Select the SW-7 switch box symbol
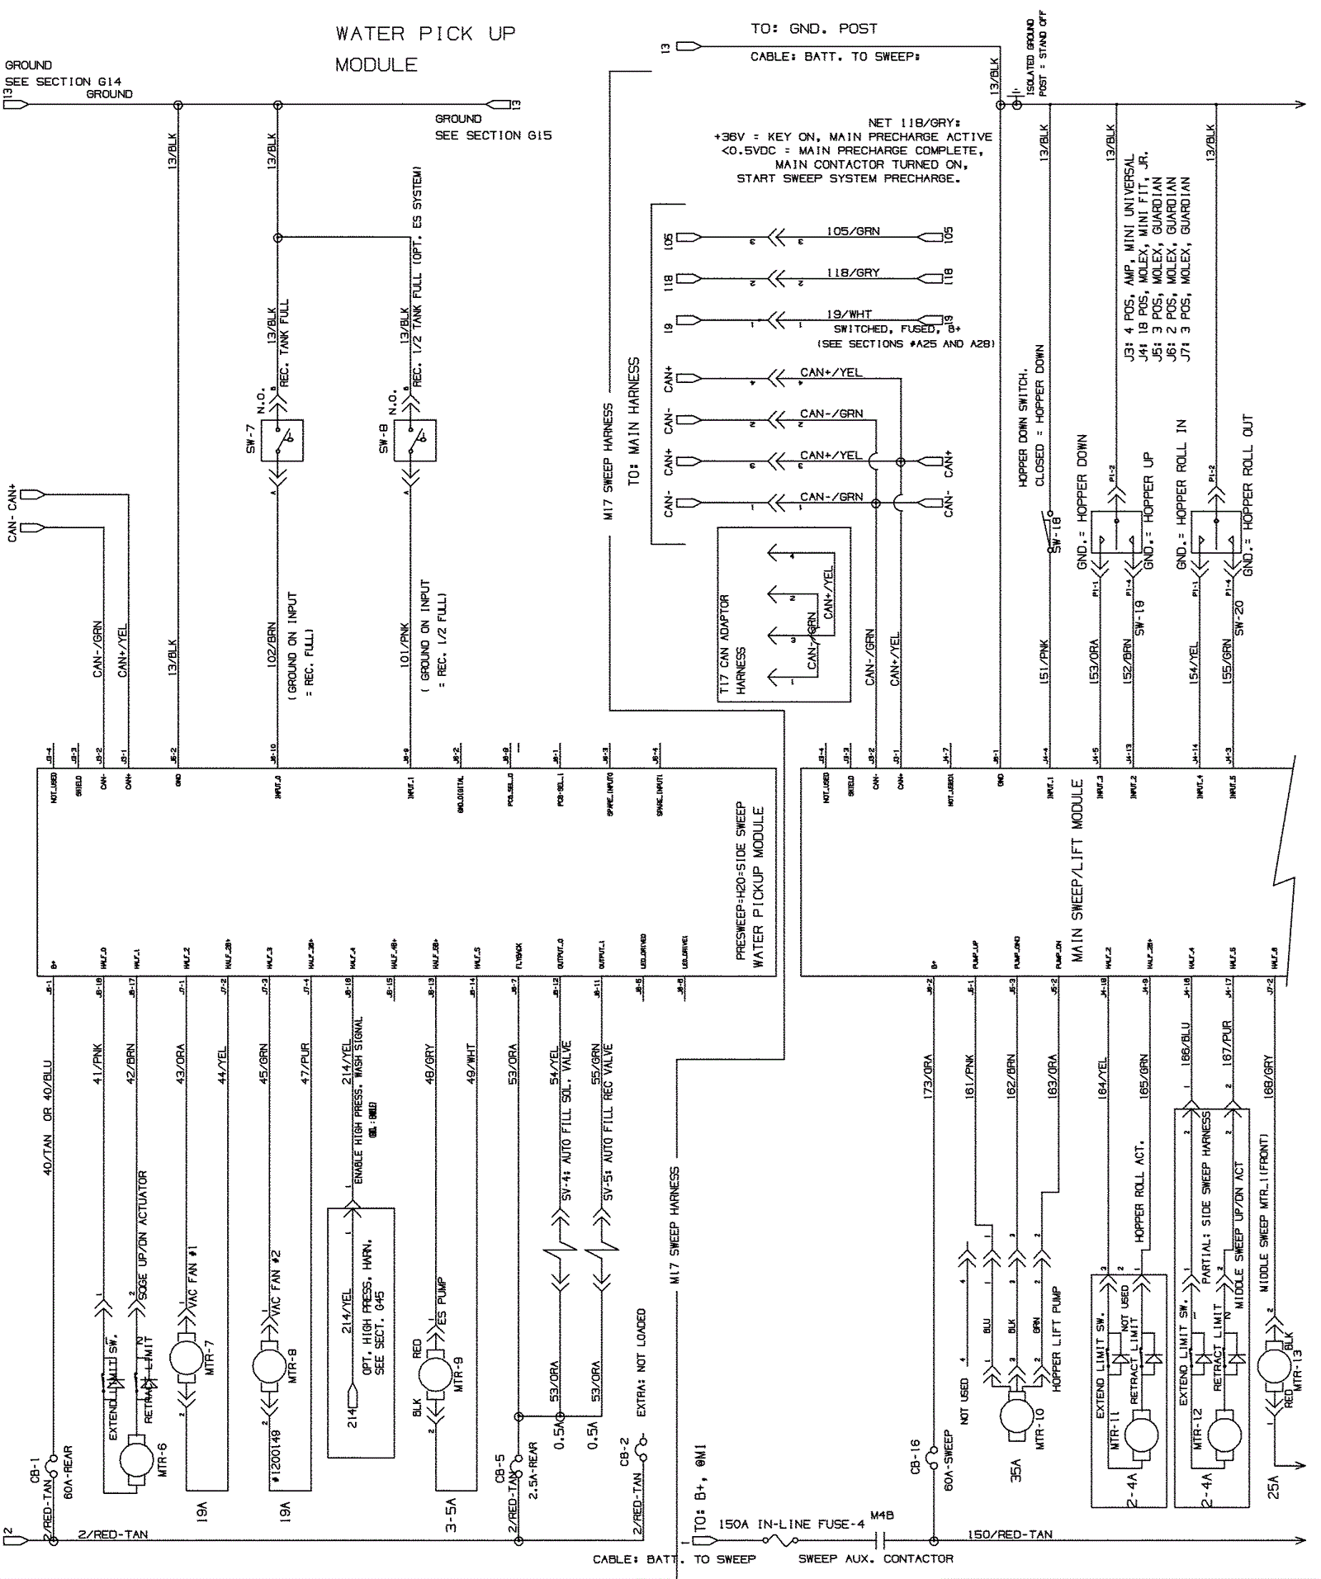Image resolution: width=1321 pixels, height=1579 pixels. pyautogui.click(x=282, y=440)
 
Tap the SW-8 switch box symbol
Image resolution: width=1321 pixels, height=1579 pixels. pyautogui.click(x=414, y=440)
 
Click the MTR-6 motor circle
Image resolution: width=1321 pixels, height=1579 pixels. pyautogui.click(x=136, y=1461)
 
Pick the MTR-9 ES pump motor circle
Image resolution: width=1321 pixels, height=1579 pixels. pyautogui.click(x=435, y=1373)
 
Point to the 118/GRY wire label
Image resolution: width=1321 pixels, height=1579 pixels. pyautogui.click(x=853, y=272)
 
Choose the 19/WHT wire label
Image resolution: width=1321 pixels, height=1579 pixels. pyautogui.click(x=849, y=314)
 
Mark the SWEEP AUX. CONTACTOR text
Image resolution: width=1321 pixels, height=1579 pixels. pyautogui.click(x=875, y=1558)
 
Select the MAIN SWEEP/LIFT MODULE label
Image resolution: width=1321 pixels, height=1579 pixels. pyautogui.click(x=1077, y=871)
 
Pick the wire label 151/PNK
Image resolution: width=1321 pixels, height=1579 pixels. pyautogui.click(x=1044, y=660)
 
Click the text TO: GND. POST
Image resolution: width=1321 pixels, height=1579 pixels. pyautogui.click(x=813, y=29)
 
